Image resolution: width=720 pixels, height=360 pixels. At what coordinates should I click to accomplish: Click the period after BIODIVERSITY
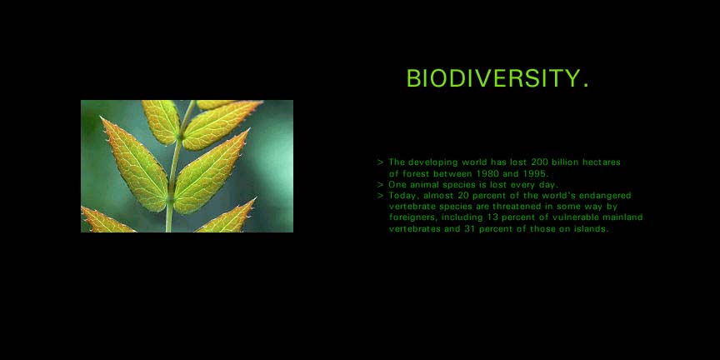point(585,85)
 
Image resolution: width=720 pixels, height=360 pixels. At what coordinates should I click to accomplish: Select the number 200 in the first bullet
point(539,162)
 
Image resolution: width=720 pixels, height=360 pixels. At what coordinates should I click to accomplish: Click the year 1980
point(485,173)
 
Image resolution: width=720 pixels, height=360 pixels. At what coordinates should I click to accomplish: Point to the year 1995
point(535,173)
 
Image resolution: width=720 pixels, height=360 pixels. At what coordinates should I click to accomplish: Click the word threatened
point(517,207)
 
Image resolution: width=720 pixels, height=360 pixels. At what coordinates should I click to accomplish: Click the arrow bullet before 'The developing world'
point(380,162)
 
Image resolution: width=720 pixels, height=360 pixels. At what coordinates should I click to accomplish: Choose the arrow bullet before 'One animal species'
point(380,185)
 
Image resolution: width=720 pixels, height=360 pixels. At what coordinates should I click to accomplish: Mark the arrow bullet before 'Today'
point(380,196)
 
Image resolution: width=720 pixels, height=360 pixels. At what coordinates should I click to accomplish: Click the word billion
point(565,162)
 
